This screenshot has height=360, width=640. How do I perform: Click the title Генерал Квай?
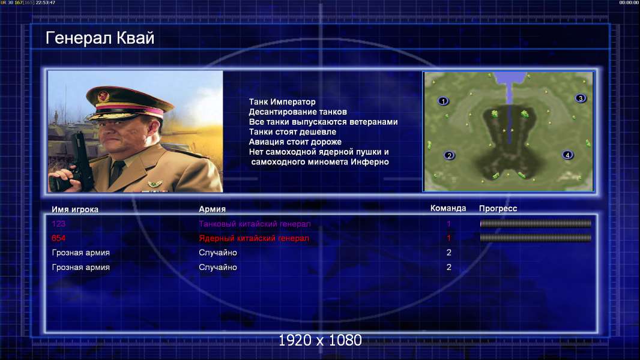(x=100, y=38)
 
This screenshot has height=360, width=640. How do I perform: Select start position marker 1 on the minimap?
(x=443, y=101)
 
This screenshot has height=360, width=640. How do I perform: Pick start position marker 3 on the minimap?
(x=581, y=98)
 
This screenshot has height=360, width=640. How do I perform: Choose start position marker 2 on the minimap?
(x=449, y=155)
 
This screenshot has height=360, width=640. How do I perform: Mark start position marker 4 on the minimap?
(x=567, y=155)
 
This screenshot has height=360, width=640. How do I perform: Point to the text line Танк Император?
(x=282, y=102)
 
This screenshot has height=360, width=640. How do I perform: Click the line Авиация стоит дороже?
(x=295, y=142)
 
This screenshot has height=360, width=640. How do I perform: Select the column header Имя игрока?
(x=74, y=209)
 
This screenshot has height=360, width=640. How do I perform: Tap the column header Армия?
(x=213, y=209)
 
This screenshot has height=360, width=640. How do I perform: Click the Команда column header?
(x=448, y=208)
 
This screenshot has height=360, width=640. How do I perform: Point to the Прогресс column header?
(x=498, y=209)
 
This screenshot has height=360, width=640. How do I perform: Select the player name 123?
(x=58, y=223)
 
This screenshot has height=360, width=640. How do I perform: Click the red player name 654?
(x=58, y=238)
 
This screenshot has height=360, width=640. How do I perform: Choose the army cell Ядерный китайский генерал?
(x=254, y=238)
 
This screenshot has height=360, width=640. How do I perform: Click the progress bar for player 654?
(x=536, y=238)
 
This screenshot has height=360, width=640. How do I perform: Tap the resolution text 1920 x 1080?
(x=320, y=340)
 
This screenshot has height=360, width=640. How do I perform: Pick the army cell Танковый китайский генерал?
(x=255, y=224)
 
